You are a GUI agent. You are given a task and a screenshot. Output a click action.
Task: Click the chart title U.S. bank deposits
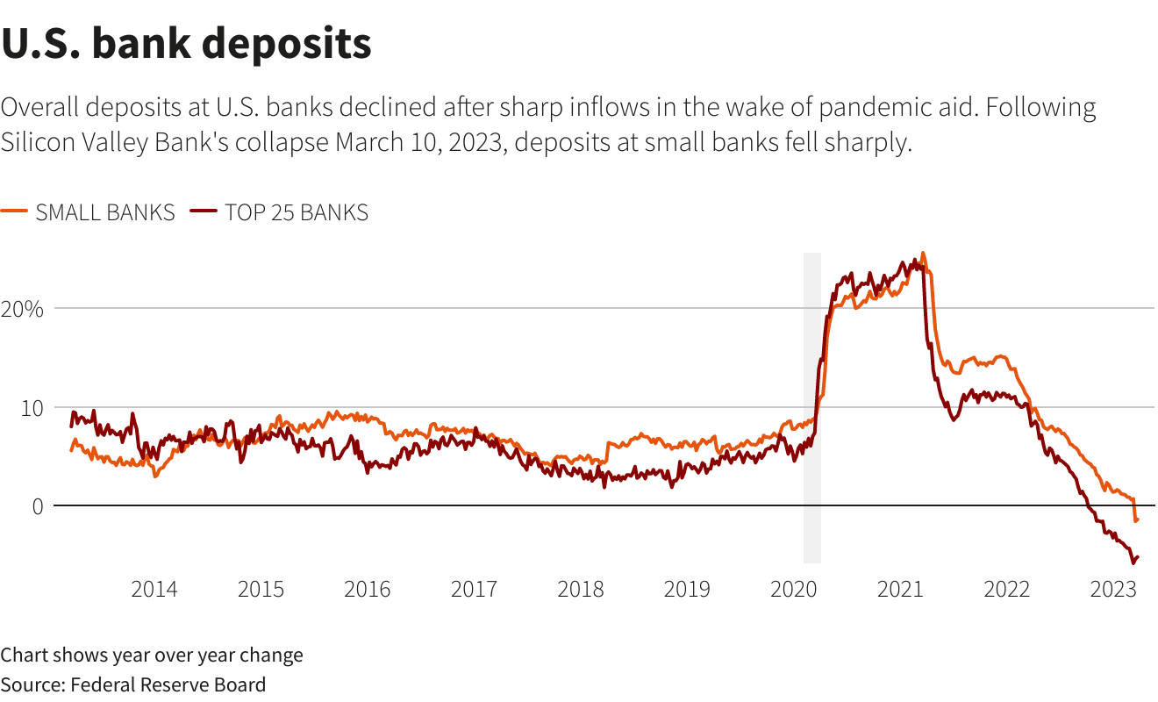[x=186, y=44]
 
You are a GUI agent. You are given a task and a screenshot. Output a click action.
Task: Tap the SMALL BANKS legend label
[x=105, y=212]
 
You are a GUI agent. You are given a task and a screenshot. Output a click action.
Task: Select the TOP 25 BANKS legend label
[x=297, y=212]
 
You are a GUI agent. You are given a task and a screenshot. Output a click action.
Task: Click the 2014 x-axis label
[x=154, y=589]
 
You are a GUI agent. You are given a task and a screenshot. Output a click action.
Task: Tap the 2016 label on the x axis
[x=368, y=589]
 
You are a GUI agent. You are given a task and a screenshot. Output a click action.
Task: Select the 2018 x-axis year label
[x=581, y=589]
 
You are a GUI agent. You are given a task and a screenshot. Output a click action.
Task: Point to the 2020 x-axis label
[x=793, y=589]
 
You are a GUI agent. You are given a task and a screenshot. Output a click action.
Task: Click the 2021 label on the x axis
[x=900, y=589]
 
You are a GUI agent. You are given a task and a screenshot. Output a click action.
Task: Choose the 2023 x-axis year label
[x=1113, y=589]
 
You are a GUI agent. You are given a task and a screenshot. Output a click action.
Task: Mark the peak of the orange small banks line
[x=922, y=254]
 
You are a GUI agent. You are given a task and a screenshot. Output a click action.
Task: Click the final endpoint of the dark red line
[x=1137, y=557]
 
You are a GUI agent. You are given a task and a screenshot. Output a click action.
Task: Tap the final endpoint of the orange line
[x=1137, y=519]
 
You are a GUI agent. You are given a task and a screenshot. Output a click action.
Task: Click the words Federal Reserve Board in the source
[x=168, y=684]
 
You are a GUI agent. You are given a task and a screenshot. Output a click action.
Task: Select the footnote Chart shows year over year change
[x=152, y=655]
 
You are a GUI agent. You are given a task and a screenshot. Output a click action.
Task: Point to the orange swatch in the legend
[x=14, y=212]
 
